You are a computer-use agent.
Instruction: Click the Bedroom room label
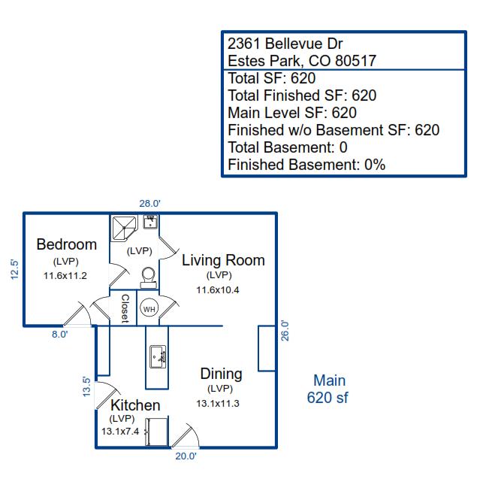[67, 244]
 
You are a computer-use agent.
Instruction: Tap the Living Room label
[223, 260]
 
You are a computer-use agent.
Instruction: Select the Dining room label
[221, 374]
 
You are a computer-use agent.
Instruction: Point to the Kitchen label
[135, 405]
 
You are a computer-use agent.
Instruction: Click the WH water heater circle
[149, 308]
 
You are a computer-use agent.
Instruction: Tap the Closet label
[125, 308]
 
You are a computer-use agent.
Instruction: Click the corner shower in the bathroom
[124, 228]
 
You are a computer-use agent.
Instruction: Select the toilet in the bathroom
[149, 277]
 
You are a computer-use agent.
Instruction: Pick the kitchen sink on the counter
[158, 356]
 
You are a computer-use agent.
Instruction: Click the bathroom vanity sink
[150, 222]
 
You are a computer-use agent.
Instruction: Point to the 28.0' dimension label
[149, 204]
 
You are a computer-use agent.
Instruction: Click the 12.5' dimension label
[15, 269]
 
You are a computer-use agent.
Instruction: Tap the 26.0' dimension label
[285, 330]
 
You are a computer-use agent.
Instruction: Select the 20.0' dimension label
[186, 456]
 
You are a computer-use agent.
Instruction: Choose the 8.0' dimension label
[59, 335]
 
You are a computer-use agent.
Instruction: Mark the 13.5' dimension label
[86, 386]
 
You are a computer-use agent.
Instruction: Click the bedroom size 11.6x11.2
[65, 275]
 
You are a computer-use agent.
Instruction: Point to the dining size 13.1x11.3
[218, 403]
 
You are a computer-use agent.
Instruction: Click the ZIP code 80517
[355, 61]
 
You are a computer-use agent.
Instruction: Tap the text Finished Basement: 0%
[306, 165]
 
